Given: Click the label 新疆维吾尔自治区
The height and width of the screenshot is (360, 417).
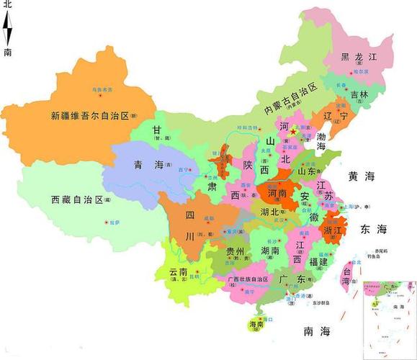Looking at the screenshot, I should point(89,115).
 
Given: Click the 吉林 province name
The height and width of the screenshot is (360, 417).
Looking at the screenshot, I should point(359,94).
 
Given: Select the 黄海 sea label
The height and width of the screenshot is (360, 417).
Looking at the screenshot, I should point(362,176).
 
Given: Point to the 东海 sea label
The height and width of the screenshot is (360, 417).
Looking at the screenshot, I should point(373,229).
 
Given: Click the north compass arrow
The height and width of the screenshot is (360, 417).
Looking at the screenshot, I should point(8,29).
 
